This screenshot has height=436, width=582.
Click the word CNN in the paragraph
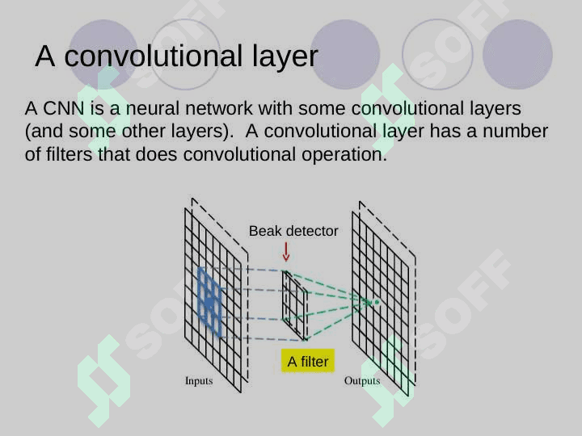click(x=64, y=109)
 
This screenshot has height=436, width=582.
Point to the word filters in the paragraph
click(x=69, y=154)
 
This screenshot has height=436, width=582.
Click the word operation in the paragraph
click(x=344, y=155)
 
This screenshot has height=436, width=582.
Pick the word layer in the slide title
click(x=285, y=57)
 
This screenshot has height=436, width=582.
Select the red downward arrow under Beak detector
click(x=286, y=252)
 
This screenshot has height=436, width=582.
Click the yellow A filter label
click(x=308, y=361)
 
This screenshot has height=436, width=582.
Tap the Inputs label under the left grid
click(x=199, y=381)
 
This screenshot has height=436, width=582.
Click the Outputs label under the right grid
click(x=362, y=381)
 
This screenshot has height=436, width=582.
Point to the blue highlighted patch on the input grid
click(x=209, y=302)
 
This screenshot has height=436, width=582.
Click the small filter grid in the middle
click(x=295, y=305)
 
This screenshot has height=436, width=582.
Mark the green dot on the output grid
click(x=377, y=302)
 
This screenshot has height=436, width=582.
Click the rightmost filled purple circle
click(x=517, y=54)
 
